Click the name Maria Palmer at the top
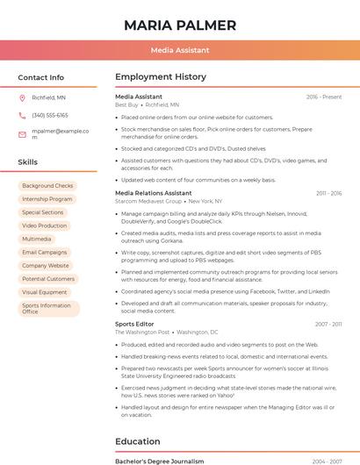[180, 25]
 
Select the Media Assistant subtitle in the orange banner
[180, 51]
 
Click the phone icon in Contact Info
[23, 116]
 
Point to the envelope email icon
[23, 134]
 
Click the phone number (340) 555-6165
[50, 116]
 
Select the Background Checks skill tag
[47, 186]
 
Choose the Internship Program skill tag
[47, 199]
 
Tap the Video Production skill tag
[45, 225]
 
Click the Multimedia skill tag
[37, 239]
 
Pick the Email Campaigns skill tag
[45, 252]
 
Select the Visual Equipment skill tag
[45, 292]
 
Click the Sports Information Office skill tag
[47, 308]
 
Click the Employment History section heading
[161, 77]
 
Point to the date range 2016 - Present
[324, 97]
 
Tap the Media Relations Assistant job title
[154, 192]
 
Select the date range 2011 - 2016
[328, 193]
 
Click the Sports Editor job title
[134, 324]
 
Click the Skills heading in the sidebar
[28, 162]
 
